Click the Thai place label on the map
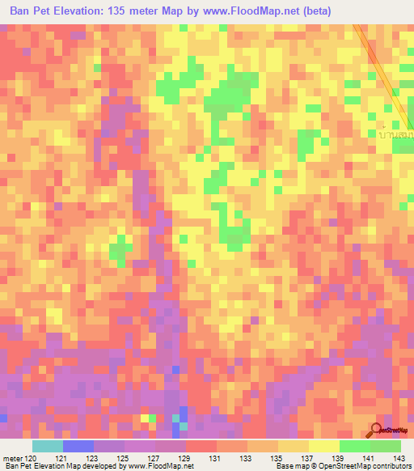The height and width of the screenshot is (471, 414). point(395,134)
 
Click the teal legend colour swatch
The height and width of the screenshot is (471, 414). point(47,446)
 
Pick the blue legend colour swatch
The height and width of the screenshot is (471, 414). point(78,446)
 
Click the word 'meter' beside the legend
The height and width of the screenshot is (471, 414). point(11,458)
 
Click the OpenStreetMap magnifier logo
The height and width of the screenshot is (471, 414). point(377,430)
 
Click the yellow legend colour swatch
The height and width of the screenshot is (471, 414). point(323,446)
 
